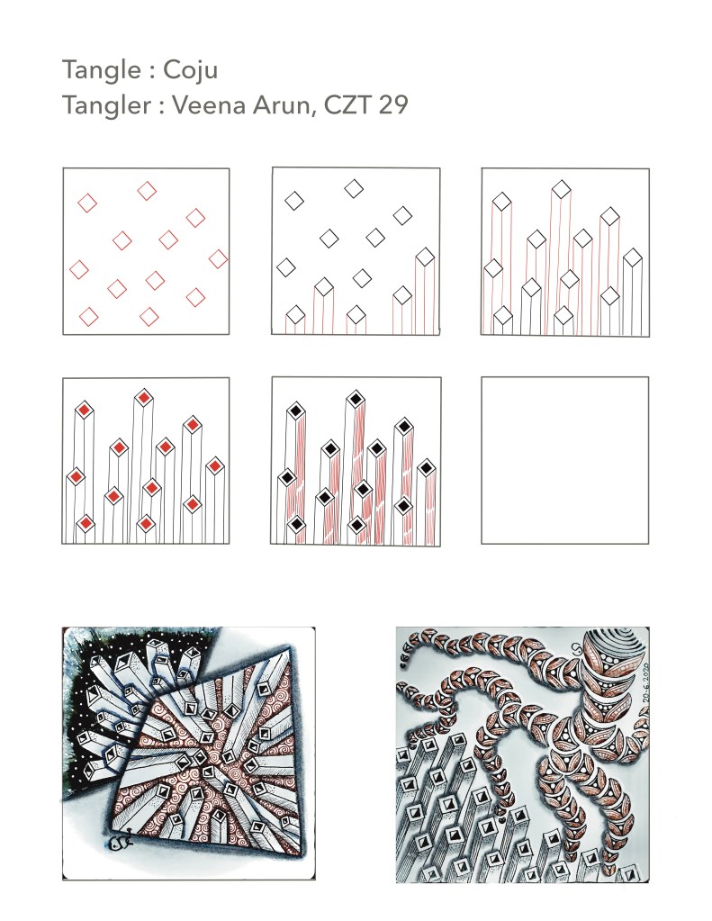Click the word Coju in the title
(190, 70)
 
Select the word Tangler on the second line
(107, 105)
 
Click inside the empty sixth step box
(564, 460)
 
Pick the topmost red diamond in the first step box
(147, 191)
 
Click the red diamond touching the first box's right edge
(219, 258)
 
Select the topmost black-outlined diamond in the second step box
(354, 189)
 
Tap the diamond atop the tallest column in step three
(562, 190)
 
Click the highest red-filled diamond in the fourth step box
(144, 398)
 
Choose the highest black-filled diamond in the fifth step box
(355, 400)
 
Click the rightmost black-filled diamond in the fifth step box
(426, 469)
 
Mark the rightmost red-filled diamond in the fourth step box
(215, 466)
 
